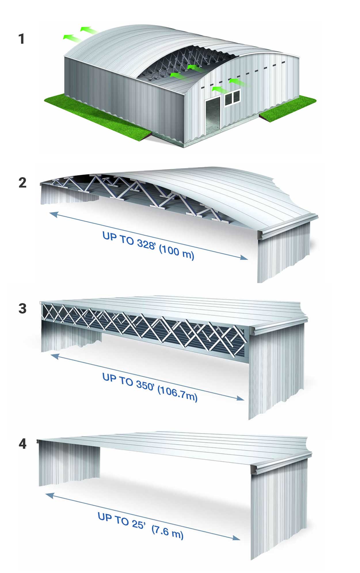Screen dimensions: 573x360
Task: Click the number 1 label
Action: [x=22, y=39]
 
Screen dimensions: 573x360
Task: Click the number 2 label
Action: [x=22, y=183]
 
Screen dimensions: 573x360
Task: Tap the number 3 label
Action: [x=22, y=309]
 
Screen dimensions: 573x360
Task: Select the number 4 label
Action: [x=22, y=444]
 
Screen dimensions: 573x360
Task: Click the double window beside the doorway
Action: [x=232, y=98]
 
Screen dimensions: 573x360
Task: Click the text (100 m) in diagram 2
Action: [x=176, y=253]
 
